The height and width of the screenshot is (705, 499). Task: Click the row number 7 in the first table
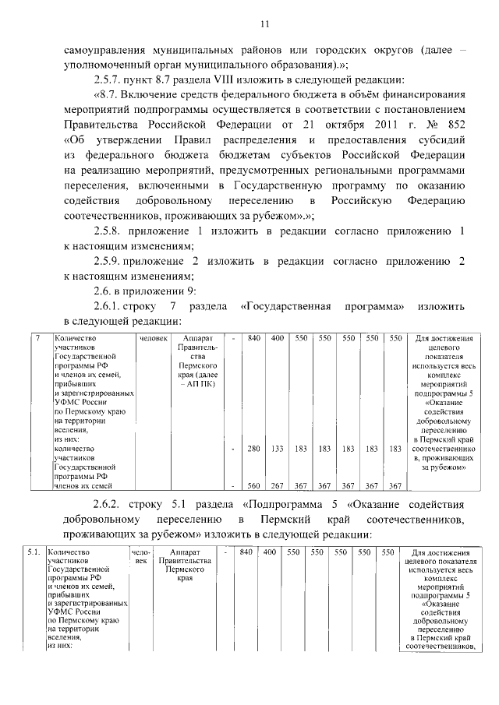(39, 339)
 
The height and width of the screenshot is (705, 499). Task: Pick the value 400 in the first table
(277, 339)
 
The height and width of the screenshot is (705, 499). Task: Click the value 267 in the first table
(277, 486)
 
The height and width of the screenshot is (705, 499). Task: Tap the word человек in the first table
(153, 339)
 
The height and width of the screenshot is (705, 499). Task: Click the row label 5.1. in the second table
(34, 552)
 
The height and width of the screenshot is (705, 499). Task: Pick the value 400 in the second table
(270, 552)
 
